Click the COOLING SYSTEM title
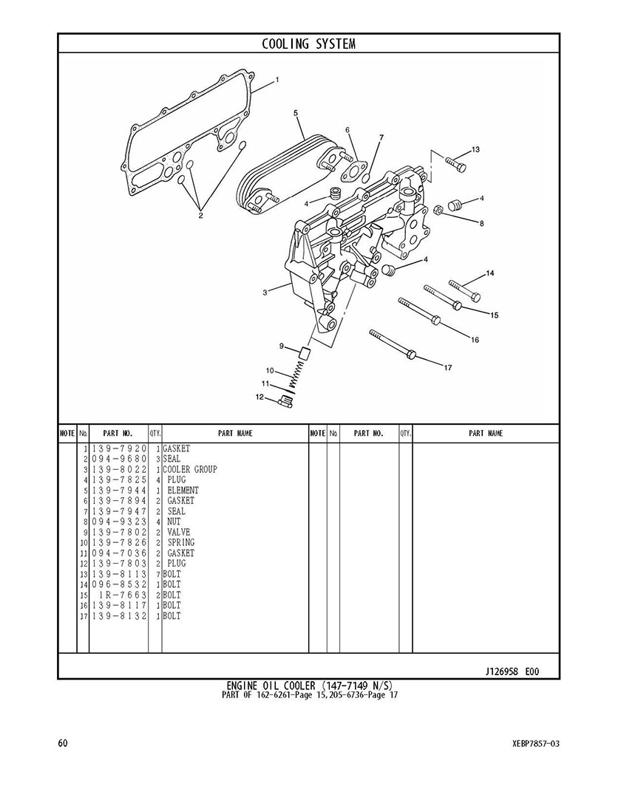point(308,44)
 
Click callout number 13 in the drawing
point(475,150)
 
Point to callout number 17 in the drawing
point(447,368)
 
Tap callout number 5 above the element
point(295,113)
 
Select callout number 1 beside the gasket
point(277,79)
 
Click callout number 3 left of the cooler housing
point(265,293)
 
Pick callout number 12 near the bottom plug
point(259,397)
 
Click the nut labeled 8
point(438,211)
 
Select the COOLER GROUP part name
point(190,470)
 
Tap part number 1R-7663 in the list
point(123,595)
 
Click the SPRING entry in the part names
point(181,543)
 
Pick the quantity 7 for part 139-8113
point(158,575)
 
